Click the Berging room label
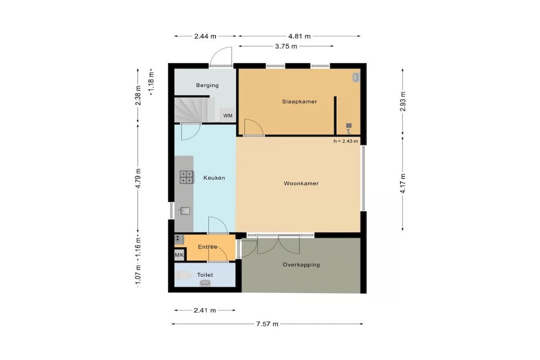tap(207, 85)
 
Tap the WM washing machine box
tap(228, 115)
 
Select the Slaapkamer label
tap(300, 102)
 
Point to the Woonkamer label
tap(301, 183)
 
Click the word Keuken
tap(214, 178)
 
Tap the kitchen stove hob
tap(186, 177)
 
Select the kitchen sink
tap(185, 211)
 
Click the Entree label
tap(207, 247)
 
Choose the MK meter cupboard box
tap(179, 255)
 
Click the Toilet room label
tap(205, 275)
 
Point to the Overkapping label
tap(301, 265)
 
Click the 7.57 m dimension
tap(267, 324)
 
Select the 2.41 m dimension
tap(205, 310)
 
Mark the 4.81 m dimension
tap(300, 36)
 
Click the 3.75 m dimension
tap(286, 46)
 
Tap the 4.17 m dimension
tap(402, 183)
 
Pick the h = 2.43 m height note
tap(345, 141)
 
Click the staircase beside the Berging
tap(191, 110)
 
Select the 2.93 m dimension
tap(402, 102)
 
